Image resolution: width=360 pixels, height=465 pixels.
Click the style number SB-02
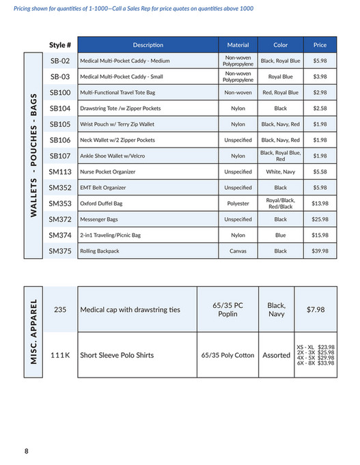tap(60, 61)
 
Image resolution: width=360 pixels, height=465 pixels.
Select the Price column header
tap(320, 45)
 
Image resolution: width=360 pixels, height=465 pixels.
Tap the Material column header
tap(238, 45)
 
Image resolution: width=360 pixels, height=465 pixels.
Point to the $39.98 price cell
tap(320, 251)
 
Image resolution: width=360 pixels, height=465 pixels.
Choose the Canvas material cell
tap(238, 251)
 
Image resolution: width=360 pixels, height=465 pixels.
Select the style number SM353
tap(60, 203)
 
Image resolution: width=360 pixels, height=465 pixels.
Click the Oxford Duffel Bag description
tap(103, 203)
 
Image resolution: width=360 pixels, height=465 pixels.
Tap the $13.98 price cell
tap(320, 203)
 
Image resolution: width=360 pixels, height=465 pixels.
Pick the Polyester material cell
tap(238, 203)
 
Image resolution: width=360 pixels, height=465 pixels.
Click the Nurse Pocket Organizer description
tap(107, 171)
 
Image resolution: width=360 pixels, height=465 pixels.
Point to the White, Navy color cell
tap(280, 171)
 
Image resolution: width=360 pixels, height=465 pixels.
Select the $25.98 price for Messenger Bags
tap(320, 219)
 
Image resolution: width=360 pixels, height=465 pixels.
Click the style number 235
tap(60, 309)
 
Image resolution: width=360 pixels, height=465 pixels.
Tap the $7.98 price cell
tap(316, 309)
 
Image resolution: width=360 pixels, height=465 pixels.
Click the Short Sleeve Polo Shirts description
tap(117, 355)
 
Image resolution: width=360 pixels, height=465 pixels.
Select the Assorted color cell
tap(277, 355)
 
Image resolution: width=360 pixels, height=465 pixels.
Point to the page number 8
tap(26, 451)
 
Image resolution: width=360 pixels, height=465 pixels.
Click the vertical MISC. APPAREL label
tap(36, 332)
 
